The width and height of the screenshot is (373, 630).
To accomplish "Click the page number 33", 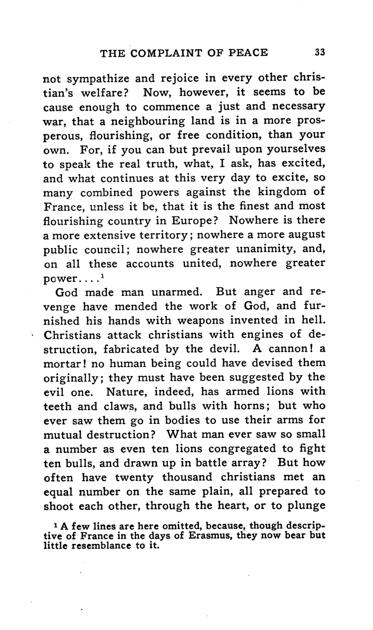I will click(x=319, y=52).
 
